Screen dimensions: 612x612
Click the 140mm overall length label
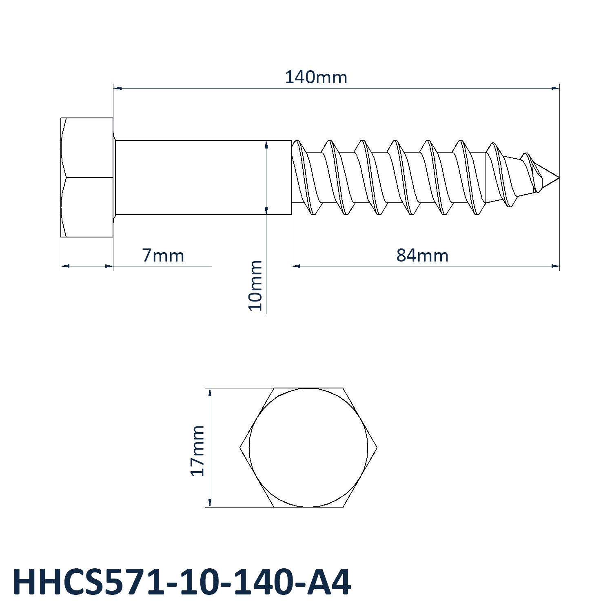coord(316,77)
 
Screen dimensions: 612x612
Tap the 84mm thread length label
coord(422,255)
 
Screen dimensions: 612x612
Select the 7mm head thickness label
coord(163,255)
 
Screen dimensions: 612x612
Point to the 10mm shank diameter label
coord(255,286)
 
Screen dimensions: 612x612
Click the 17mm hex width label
coord(197,450)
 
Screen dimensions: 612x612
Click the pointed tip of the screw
coord(559,177)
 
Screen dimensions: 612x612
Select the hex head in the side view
coord(87,177)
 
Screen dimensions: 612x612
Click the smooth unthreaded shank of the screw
coord(203,177)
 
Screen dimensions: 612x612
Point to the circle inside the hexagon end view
coord(308,388)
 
